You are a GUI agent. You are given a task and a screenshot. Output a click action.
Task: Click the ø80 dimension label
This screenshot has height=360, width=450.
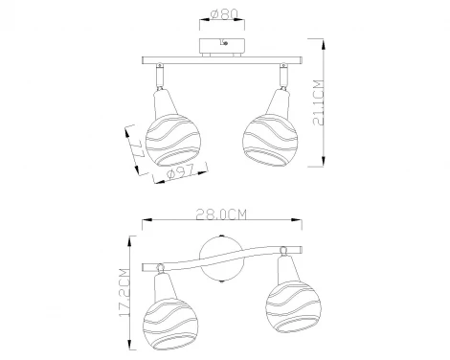(224, 13)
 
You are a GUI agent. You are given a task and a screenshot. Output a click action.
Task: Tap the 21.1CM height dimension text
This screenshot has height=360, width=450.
(318, 102)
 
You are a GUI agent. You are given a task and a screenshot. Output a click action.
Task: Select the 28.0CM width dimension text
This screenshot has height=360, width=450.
(221, 214)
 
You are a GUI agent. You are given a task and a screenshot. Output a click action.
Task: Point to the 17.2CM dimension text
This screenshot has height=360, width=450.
(124, 293)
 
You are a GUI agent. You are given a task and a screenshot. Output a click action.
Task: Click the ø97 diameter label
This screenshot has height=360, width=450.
(180, 172)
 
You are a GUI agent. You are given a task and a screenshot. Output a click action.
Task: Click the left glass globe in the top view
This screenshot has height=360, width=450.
(172, 140)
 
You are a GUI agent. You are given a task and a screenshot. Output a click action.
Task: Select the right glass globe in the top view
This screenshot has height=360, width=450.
(270, 140)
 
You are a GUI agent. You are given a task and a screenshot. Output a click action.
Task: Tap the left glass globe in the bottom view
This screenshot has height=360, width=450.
(169, 323)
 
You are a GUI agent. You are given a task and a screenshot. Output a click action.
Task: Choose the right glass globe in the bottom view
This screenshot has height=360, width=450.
(293, 305)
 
